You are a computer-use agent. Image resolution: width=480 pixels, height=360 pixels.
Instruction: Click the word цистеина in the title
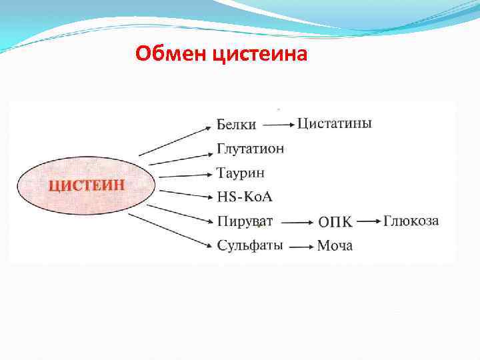click(x=260, y=53)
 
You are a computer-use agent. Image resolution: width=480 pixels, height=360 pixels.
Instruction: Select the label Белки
click(x=236, y=125)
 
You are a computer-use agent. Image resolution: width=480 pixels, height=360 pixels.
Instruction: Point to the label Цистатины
click(x=334, y=123)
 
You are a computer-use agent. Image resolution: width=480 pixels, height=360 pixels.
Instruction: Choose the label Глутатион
click(x=250, y=149)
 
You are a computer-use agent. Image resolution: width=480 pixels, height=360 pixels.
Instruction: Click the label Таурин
click(x=240, y=173)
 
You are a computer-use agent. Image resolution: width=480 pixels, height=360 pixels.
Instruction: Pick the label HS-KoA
click(x=245, y=197)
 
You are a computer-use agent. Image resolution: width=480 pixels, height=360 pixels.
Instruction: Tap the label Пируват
click(x=245, y=221)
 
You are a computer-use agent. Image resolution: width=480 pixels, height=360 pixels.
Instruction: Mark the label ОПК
click(x=335, y=221)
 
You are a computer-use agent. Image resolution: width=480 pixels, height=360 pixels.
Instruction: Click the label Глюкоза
click(x=411, y=221)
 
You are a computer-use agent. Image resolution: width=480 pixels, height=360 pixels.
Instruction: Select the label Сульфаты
click(x=250, y=245)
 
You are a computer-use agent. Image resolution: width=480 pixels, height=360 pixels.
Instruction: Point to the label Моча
click(x=335, y=246)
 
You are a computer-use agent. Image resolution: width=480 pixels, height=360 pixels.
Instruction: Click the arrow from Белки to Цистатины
click(x=278, y=125)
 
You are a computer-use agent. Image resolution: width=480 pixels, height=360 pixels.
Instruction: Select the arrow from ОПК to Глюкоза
click(x=367, y=221)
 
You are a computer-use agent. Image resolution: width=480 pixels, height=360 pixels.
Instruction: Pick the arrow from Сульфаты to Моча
click(x=301, y=246)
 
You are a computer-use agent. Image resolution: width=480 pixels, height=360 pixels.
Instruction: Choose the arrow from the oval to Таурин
click(x=185, y=175)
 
